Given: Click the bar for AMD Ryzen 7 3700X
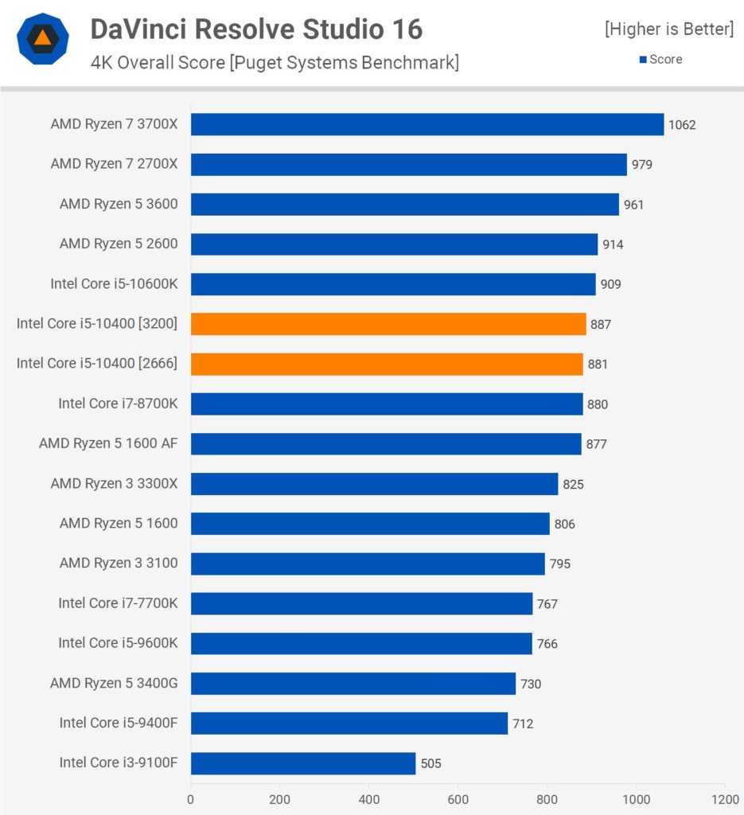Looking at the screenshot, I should point(427,124).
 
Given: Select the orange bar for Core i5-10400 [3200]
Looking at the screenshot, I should point(388,324).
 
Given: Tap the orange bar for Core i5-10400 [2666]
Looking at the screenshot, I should point(387,364).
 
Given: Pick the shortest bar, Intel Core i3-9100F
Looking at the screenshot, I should point(303,763).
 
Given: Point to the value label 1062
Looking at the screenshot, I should point(682,125).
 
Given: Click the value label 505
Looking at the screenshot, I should point(430,764).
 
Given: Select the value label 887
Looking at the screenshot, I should point(601,325).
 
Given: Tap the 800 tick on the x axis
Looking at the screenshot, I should point(547,798).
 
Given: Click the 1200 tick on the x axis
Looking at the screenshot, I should point(724,798).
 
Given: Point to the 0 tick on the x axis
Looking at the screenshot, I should point(191,798).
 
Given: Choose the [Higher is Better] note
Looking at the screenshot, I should point(669,29).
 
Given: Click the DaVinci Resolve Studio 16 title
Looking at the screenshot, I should point(256,29).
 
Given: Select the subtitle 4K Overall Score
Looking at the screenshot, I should point(275,62).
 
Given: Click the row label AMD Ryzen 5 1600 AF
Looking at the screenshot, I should point(108,443).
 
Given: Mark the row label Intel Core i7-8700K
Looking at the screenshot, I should point(118,404).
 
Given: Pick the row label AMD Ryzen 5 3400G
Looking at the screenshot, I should point(114,683).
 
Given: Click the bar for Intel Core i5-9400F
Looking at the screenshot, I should point(349,723).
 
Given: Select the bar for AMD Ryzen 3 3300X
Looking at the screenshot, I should point(375,484).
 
